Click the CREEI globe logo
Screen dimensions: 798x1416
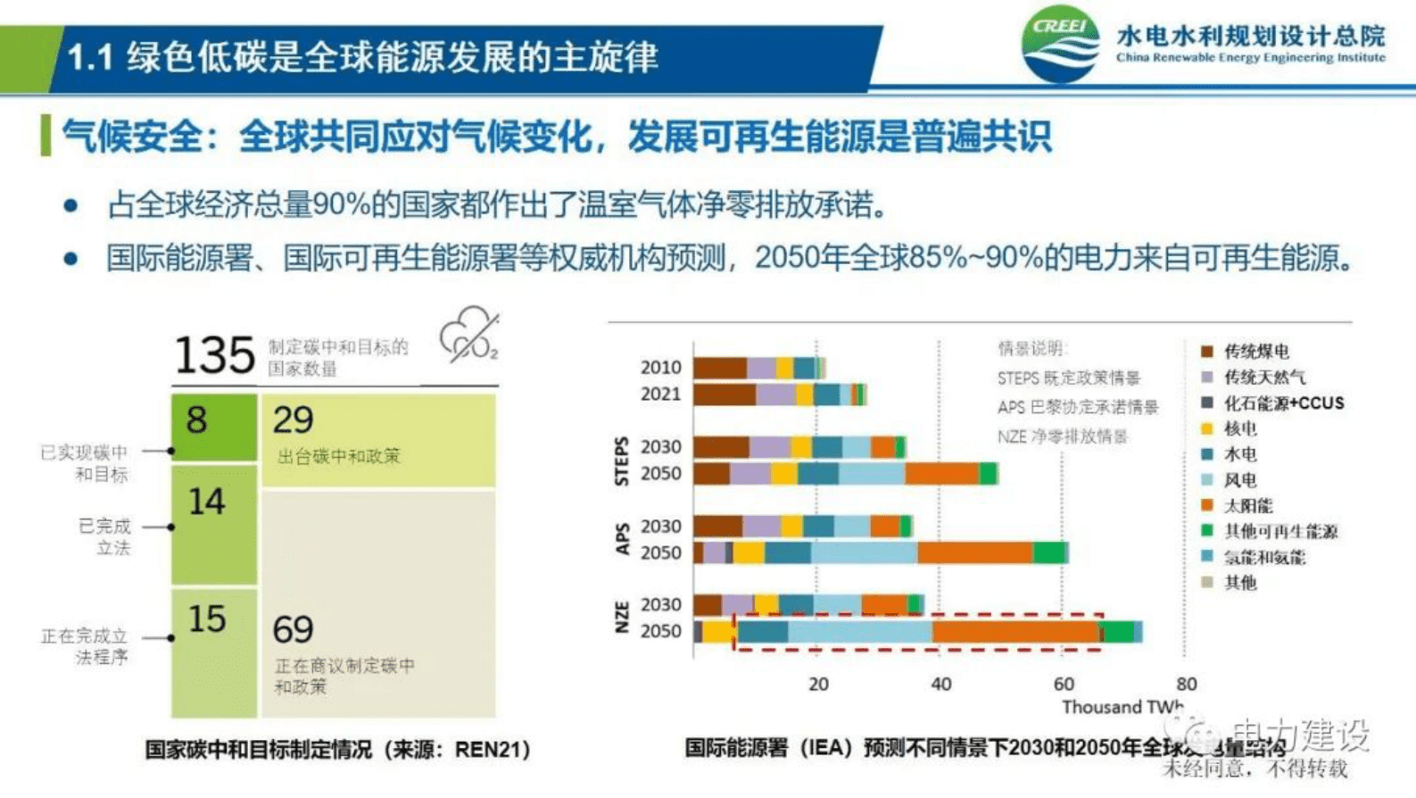tap(1061, 45)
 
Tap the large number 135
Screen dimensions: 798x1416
tap(214, 354)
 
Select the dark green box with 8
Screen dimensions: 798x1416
tap(214, 426)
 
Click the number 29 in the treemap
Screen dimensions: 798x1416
tap(293, 420)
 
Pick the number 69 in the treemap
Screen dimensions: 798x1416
tap(294, 630)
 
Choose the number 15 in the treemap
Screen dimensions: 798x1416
tap(207, 619)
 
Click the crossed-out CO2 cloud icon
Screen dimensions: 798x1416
tap(468, 337)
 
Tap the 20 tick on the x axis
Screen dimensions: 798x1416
tap(818, 684)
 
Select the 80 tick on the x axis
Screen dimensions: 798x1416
tap(1186, 684)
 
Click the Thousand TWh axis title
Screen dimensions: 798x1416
tap(1122, 707)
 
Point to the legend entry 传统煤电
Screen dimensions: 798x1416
tap(1255, 352)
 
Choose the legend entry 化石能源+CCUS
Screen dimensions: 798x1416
tap(1283, 403)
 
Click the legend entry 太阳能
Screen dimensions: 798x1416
tap(1247, 506)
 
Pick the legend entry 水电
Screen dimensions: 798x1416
tap(1239, 454)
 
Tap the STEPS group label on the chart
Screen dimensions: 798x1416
tap(622, 461)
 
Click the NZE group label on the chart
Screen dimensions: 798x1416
tap(622, 618)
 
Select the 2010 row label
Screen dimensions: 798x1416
tap(660, 368)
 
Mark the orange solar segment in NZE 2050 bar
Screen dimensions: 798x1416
tap(1015, 632)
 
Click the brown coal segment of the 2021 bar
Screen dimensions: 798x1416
tap(725, 395)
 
